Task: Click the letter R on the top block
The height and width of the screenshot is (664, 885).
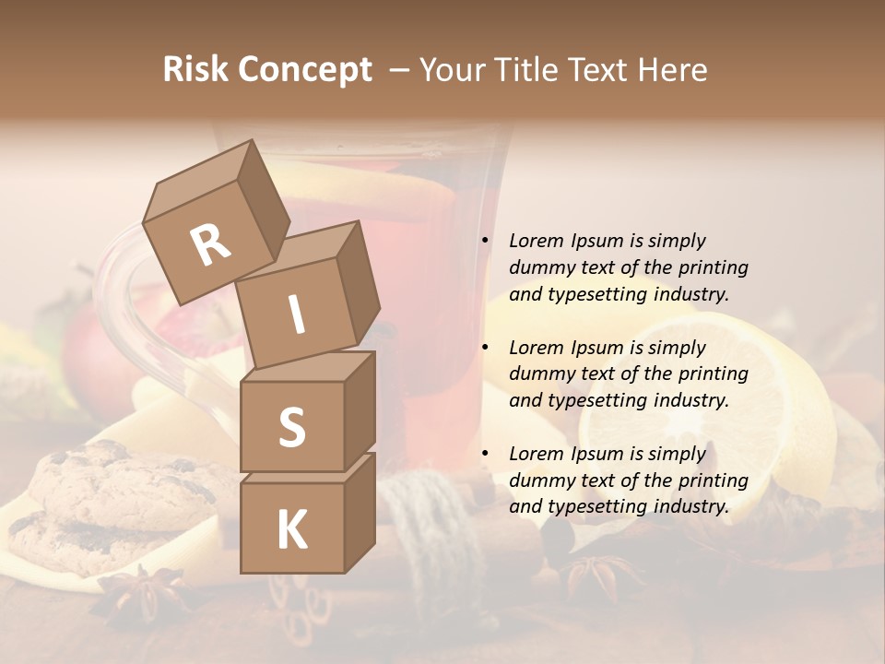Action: click(x=210, y=244)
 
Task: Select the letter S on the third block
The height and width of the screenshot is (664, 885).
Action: click(x=291, y=427)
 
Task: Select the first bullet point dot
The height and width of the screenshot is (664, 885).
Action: click(x=485, y=241)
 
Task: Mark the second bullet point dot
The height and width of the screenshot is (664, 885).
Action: click(x=485, y=348)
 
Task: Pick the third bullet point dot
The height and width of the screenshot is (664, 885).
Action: click(x=485, y=454)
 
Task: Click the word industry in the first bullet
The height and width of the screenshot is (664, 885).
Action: click(x=691, y=294)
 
